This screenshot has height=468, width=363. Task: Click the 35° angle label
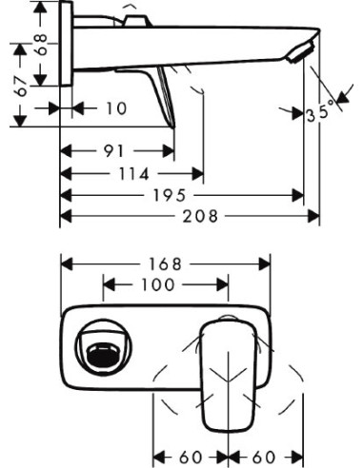tap(323, 113)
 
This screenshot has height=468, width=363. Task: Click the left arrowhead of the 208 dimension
tap(65, 216)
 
